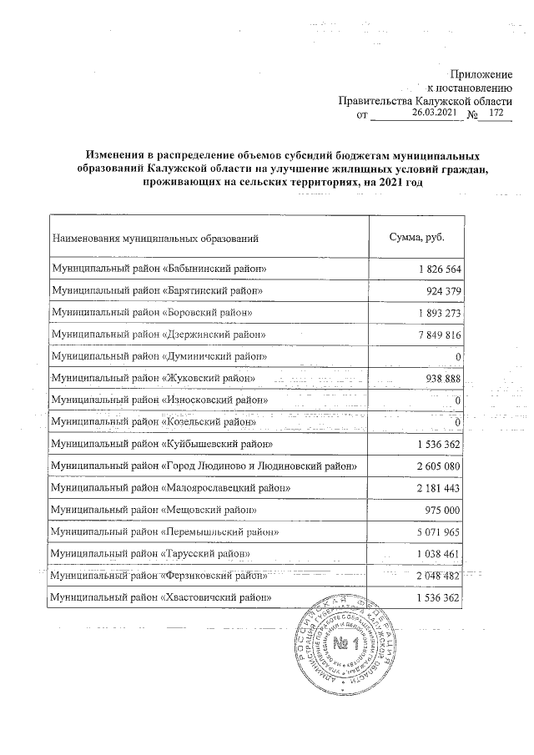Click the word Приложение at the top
481,76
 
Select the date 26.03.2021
435,113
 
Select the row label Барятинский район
157,290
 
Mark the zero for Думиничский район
458,356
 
